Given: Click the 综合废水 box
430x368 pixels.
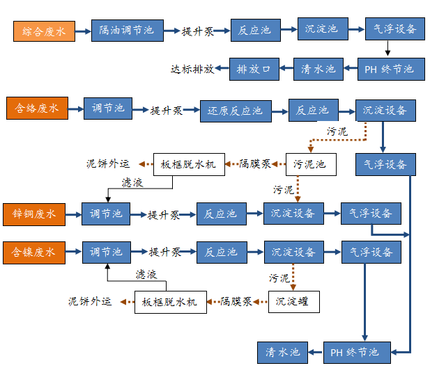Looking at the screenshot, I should tap(44, 31).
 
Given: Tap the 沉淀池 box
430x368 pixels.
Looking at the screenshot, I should tap(322, 29).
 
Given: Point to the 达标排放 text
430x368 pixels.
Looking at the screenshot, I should tap(192, 69).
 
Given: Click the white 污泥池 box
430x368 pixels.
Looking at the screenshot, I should tap(310, 165).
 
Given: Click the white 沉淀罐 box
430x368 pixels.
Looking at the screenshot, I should tap(293, 302).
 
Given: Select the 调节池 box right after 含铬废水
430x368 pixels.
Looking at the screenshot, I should tap(108, 108).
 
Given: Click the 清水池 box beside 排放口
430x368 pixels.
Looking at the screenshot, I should tap(318, 69).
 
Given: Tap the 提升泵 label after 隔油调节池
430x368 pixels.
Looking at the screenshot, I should tap(197, 31).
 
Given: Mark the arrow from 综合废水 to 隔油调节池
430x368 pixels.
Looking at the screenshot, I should tap(83, 31).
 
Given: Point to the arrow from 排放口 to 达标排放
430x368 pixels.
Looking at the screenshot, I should tap(223, 69).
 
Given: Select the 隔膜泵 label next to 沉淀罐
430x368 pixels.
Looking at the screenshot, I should tap(235, 302).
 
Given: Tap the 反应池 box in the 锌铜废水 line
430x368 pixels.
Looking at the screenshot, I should tap(220, 214).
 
